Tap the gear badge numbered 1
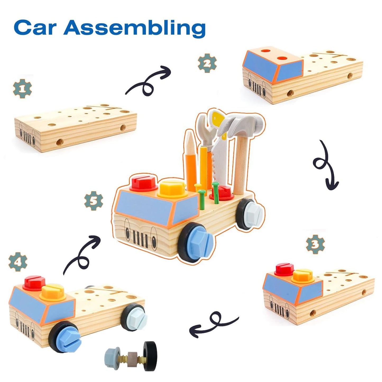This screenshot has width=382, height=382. [x=22, y=89]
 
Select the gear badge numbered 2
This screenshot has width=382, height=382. [x=207, y=63]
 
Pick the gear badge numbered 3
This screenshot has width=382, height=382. [x=315, y=244]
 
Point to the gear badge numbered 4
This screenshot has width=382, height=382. [x=18, y=262]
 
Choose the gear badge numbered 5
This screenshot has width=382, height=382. [x=94, y=201]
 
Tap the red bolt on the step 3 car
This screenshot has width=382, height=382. [x=284, y=269]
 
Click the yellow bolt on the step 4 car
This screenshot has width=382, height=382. [x=54, y=292]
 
